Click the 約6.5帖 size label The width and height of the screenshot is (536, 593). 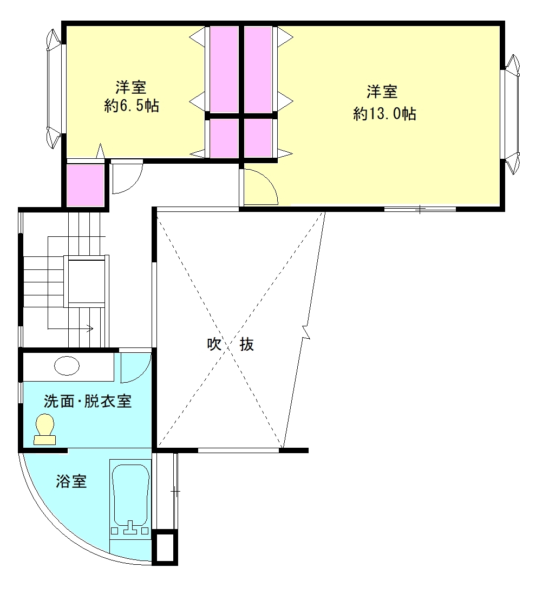click(132, 106)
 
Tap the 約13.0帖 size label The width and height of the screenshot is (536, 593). click(384, 113)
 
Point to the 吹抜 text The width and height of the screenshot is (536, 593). click(231, 344)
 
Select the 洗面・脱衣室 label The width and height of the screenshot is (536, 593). click(88, 401)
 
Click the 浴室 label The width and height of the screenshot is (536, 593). click(71, 481)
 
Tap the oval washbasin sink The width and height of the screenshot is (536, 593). click(67, 366)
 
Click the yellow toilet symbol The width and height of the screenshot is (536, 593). click(45, 429)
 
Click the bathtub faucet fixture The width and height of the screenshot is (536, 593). click(130, 528)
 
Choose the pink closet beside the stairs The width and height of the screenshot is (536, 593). click(86, 185)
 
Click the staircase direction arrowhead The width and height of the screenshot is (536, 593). click(90, 328)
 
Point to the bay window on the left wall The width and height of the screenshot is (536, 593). click(54, 89)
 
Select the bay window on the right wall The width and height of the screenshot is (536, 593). click(512, 114)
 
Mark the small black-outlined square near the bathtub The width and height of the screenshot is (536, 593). click(165, 547)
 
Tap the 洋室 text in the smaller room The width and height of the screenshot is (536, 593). click(130, 87)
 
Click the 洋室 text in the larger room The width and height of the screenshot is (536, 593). click(382, 92)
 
